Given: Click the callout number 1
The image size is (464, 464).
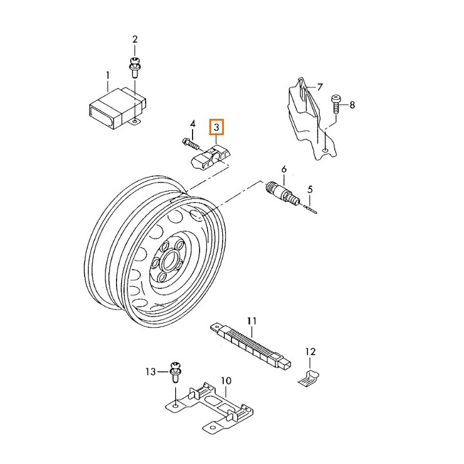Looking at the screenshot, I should [107, 74].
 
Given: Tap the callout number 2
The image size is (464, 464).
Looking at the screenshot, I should [135, 39].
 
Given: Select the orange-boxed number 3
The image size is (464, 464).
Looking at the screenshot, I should [216, 127].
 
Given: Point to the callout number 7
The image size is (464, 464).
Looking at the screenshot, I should [318, 87].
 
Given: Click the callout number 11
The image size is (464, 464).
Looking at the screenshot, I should [251, 320].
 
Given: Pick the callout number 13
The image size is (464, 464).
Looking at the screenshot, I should [151, 371].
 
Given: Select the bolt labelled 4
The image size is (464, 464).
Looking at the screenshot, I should [188, 141].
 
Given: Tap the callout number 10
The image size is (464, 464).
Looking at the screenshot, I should [226, 381].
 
